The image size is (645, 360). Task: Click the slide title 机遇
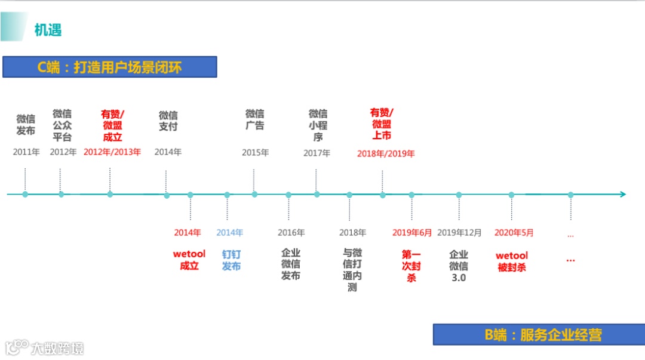coord(48,29)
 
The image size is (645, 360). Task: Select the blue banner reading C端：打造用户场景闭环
coord(109,67)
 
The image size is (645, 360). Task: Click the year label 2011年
coord(26,152)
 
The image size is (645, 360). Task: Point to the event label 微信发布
coord(26,125)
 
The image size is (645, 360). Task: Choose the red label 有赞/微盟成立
coord(112,125)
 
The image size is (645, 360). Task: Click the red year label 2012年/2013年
coord(112,152)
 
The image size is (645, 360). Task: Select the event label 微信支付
coord(168,121)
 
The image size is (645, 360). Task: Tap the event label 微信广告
coord(254,119)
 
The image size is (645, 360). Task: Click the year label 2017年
coord(317,153)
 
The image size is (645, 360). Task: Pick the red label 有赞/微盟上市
coord(382,124)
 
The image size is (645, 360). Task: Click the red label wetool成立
coord(189,260)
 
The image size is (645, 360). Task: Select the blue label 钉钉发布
coord(231,260)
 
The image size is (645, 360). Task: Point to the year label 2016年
coord(291,233)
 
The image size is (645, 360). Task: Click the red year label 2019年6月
coord(412,233)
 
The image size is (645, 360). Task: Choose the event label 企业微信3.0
coord(459,266)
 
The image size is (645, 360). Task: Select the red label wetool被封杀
coord(512,261)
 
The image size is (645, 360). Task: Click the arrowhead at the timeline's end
coord(622,195)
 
